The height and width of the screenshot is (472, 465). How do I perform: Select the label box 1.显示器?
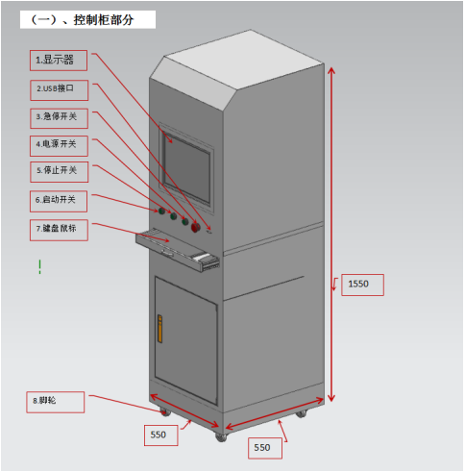(x=59, y=61)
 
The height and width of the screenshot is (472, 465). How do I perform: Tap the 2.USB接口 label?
(x=60, y=90)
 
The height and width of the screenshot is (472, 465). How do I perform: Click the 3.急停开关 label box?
(x=60, y=118)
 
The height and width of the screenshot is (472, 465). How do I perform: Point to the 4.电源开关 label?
(x=59, y=146)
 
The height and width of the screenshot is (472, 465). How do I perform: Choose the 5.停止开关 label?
(x=60, y=172)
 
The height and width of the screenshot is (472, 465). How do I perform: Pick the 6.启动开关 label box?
(x=59, y=202)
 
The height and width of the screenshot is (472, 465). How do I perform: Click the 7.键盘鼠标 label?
(x=59, y=230)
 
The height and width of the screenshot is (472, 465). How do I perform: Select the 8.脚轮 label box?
(x=56, y=402)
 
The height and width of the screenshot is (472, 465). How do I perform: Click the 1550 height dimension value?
(x=358, y=284)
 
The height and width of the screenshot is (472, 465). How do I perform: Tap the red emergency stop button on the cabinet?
(x=195, y=228)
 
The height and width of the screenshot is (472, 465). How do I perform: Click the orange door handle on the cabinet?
(x=159, y=329)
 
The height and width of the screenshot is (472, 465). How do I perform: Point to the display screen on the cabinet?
(x=187, y=170)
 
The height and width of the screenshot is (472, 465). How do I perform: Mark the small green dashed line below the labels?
(x=39, y=266)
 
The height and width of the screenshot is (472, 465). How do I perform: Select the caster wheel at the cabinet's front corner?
(x=221, y=437)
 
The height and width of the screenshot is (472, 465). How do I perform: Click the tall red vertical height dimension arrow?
(x=331, y=235)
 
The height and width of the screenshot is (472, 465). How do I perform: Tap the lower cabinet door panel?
(x=186, y=340)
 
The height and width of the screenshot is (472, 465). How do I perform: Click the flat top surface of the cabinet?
(x=243, y=61)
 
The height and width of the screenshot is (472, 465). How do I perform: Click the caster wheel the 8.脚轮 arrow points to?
(x=164, y=412)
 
